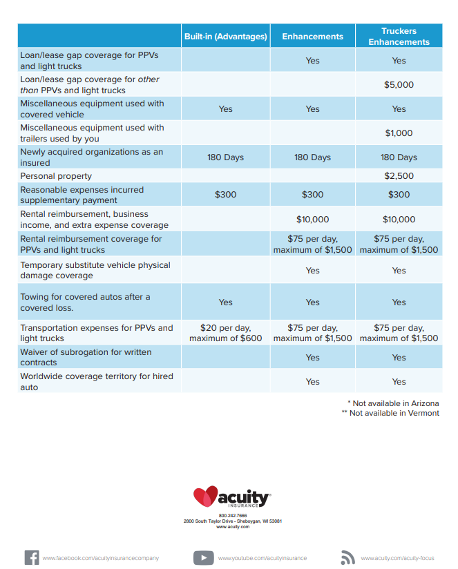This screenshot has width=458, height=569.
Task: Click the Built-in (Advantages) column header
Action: tap(225, 37)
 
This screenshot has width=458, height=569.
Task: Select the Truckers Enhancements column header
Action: tap(399, 37)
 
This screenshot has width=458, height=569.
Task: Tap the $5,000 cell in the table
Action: tap(399, 85)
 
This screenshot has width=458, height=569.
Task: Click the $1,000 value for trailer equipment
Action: tap(399, 133)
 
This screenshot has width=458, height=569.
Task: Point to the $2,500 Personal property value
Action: tap(399, 176)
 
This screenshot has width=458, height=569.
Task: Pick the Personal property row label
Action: tap(56, 176)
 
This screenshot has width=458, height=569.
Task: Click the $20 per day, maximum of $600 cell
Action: tap(225, 333)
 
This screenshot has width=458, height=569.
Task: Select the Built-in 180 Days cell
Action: tap(225, 157)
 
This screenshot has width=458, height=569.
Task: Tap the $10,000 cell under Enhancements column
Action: tap(312, 220)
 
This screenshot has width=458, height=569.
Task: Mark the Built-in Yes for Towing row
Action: tap(225, 302)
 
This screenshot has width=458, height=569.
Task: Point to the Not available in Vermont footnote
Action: tap(390, 413)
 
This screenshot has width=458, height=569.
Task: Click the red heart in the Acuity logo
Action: tap(205, 496)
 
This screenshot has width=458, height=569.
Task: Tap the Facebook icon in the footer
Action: tap(32, 557)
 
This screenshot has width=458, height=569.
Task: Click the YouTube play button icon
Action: tap(203, 557)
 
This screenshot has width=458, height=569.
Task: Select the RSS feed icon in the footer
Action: tap(348, 557)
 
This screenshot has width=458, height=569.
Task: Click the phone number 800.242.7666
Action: tap(232, 516)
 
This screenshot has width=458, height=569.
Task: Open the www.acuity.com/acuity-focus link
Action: tap(397, 558)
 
